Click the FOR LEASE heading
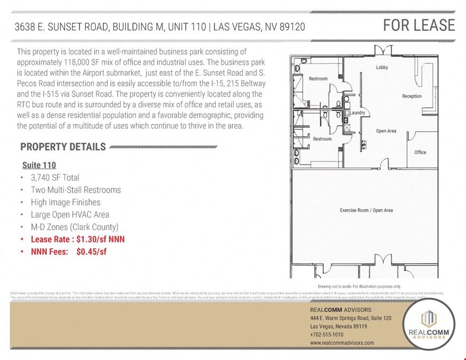pyautogui.click(x=418, y=25)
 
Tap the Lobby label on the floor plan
pyautogui.click(x=382, y=68)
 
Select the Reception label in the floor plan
pyautogui.click(x=412, y=97)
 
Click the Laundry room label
pyautogui.click(x=356, y=113)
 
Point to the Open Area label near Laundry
pyautogui.click(x=385, y=131)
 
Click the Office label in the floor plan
pyautogui.click(x=420, y=153)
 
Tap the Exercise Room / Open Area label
pyautogui.click(x=366, y=210)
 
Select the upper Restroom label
pyautogui.click(x=318, y=79)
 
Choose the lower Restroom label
pyautogui.click(x=322, y=139)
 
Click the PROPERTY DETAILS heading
pyautogui.click(x=63, y=147)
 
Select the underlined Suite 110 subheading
pyautogui.click(x=39, y=165)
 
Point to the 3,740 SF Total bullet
pyautogui.click(x=55, y=178)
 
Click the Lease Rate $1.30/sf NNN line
pyautogui.click(x=77, y=239)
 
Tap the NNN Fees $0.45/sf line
pyautogui.click(x=68, y=252)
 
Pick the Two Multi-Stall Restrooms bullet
pyautogui.click(x=76, y=190)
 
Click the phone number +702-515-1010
pyautogui.click(x=327, y=334)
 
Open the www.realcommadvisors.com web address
pyautogui.click(x=342, y=343)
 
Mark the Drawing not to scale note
pyautogui.click(x=359, y=286)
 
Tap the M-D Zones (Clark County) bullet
pyautogui.click(x=74, y=227)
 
